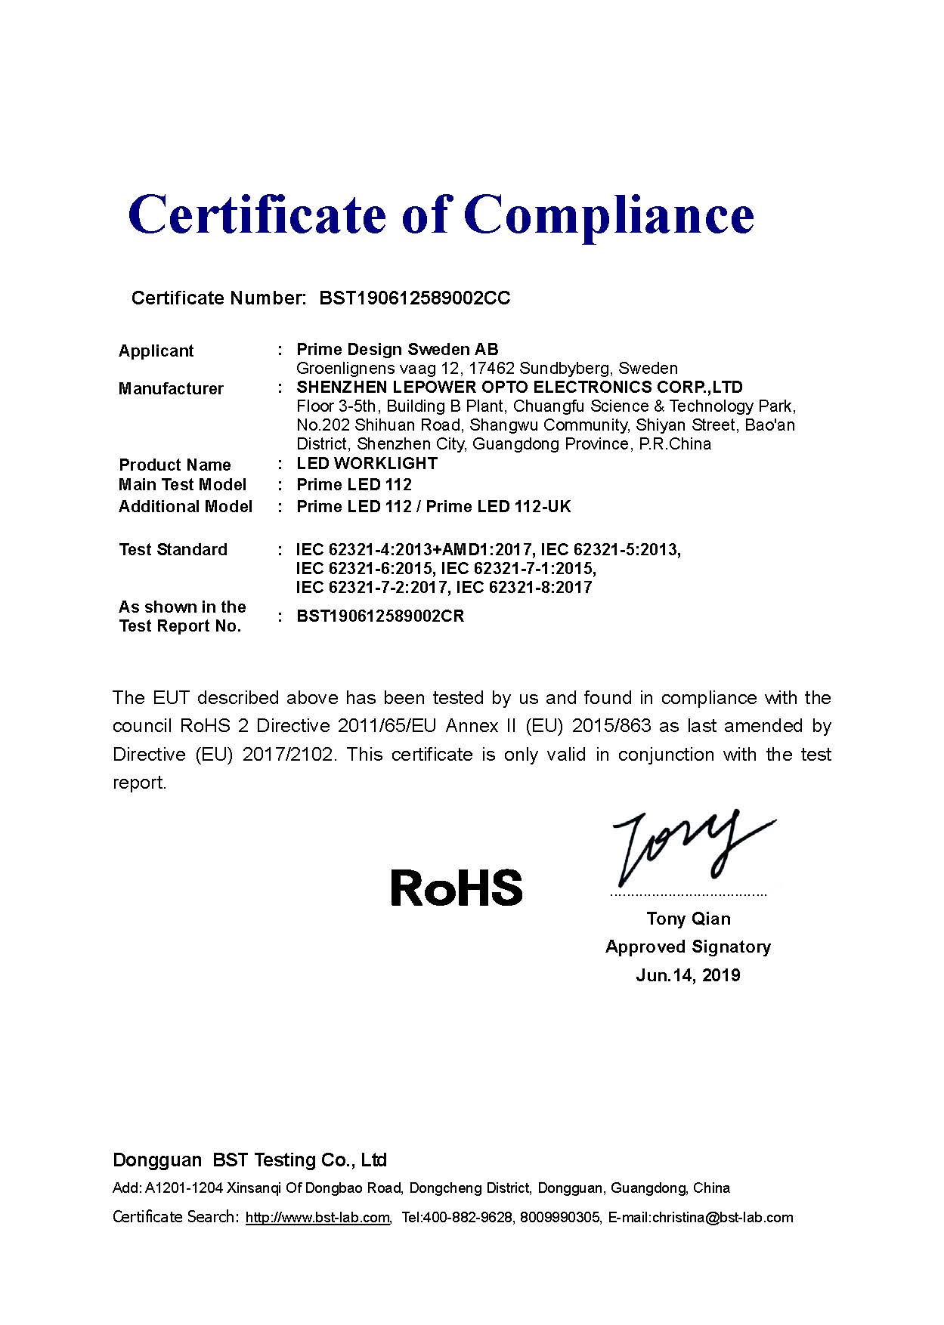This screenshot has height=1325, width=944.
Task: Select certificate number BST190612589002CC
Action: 415,298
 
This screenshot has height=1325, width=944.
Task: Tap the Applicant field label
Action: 156,351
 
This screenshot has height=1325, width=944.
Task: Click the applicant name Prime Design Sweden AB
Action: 398,349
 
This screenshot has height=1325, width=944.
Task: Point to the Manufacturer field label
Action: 171,388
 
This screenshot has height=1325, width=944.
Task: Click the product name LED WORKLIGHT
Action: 367,463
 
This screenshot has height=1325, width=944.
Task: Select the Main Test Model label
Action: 182,484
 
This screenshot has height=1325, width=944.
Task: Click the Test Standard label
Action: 173,549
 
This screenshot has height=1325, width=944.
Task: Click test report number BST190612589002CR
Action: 380,616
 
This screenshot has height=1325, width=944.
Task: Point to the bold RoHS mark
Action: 457,888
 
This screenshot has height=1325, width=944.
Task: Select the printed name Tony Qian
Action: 688,919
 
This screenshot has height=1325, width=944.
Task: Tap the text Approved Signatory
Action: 688,947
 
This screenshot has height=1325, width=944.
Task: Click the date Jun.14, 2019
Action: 688,974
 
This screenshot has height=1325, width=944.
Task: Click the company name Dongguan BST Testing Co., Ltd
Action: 249,1160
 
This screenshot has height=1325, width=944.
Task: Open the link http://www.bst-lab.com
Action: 317,1217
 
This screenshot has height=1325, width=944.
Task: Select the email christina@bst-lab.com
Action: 724,1217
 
